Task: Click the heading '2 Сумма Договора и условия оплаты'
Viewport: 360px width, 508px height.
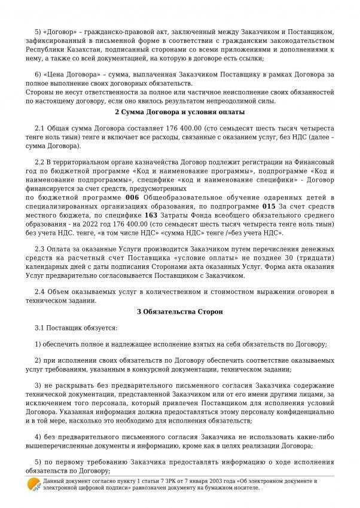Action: coord(180,112)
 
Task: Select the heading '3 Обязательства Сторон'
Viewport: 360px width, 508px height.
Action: coord(179,311)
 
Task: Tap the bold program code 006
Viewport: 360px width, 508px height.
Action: coord(133,197)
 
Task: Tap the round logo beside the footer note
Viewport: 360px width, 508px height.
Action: coord(33,484)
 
